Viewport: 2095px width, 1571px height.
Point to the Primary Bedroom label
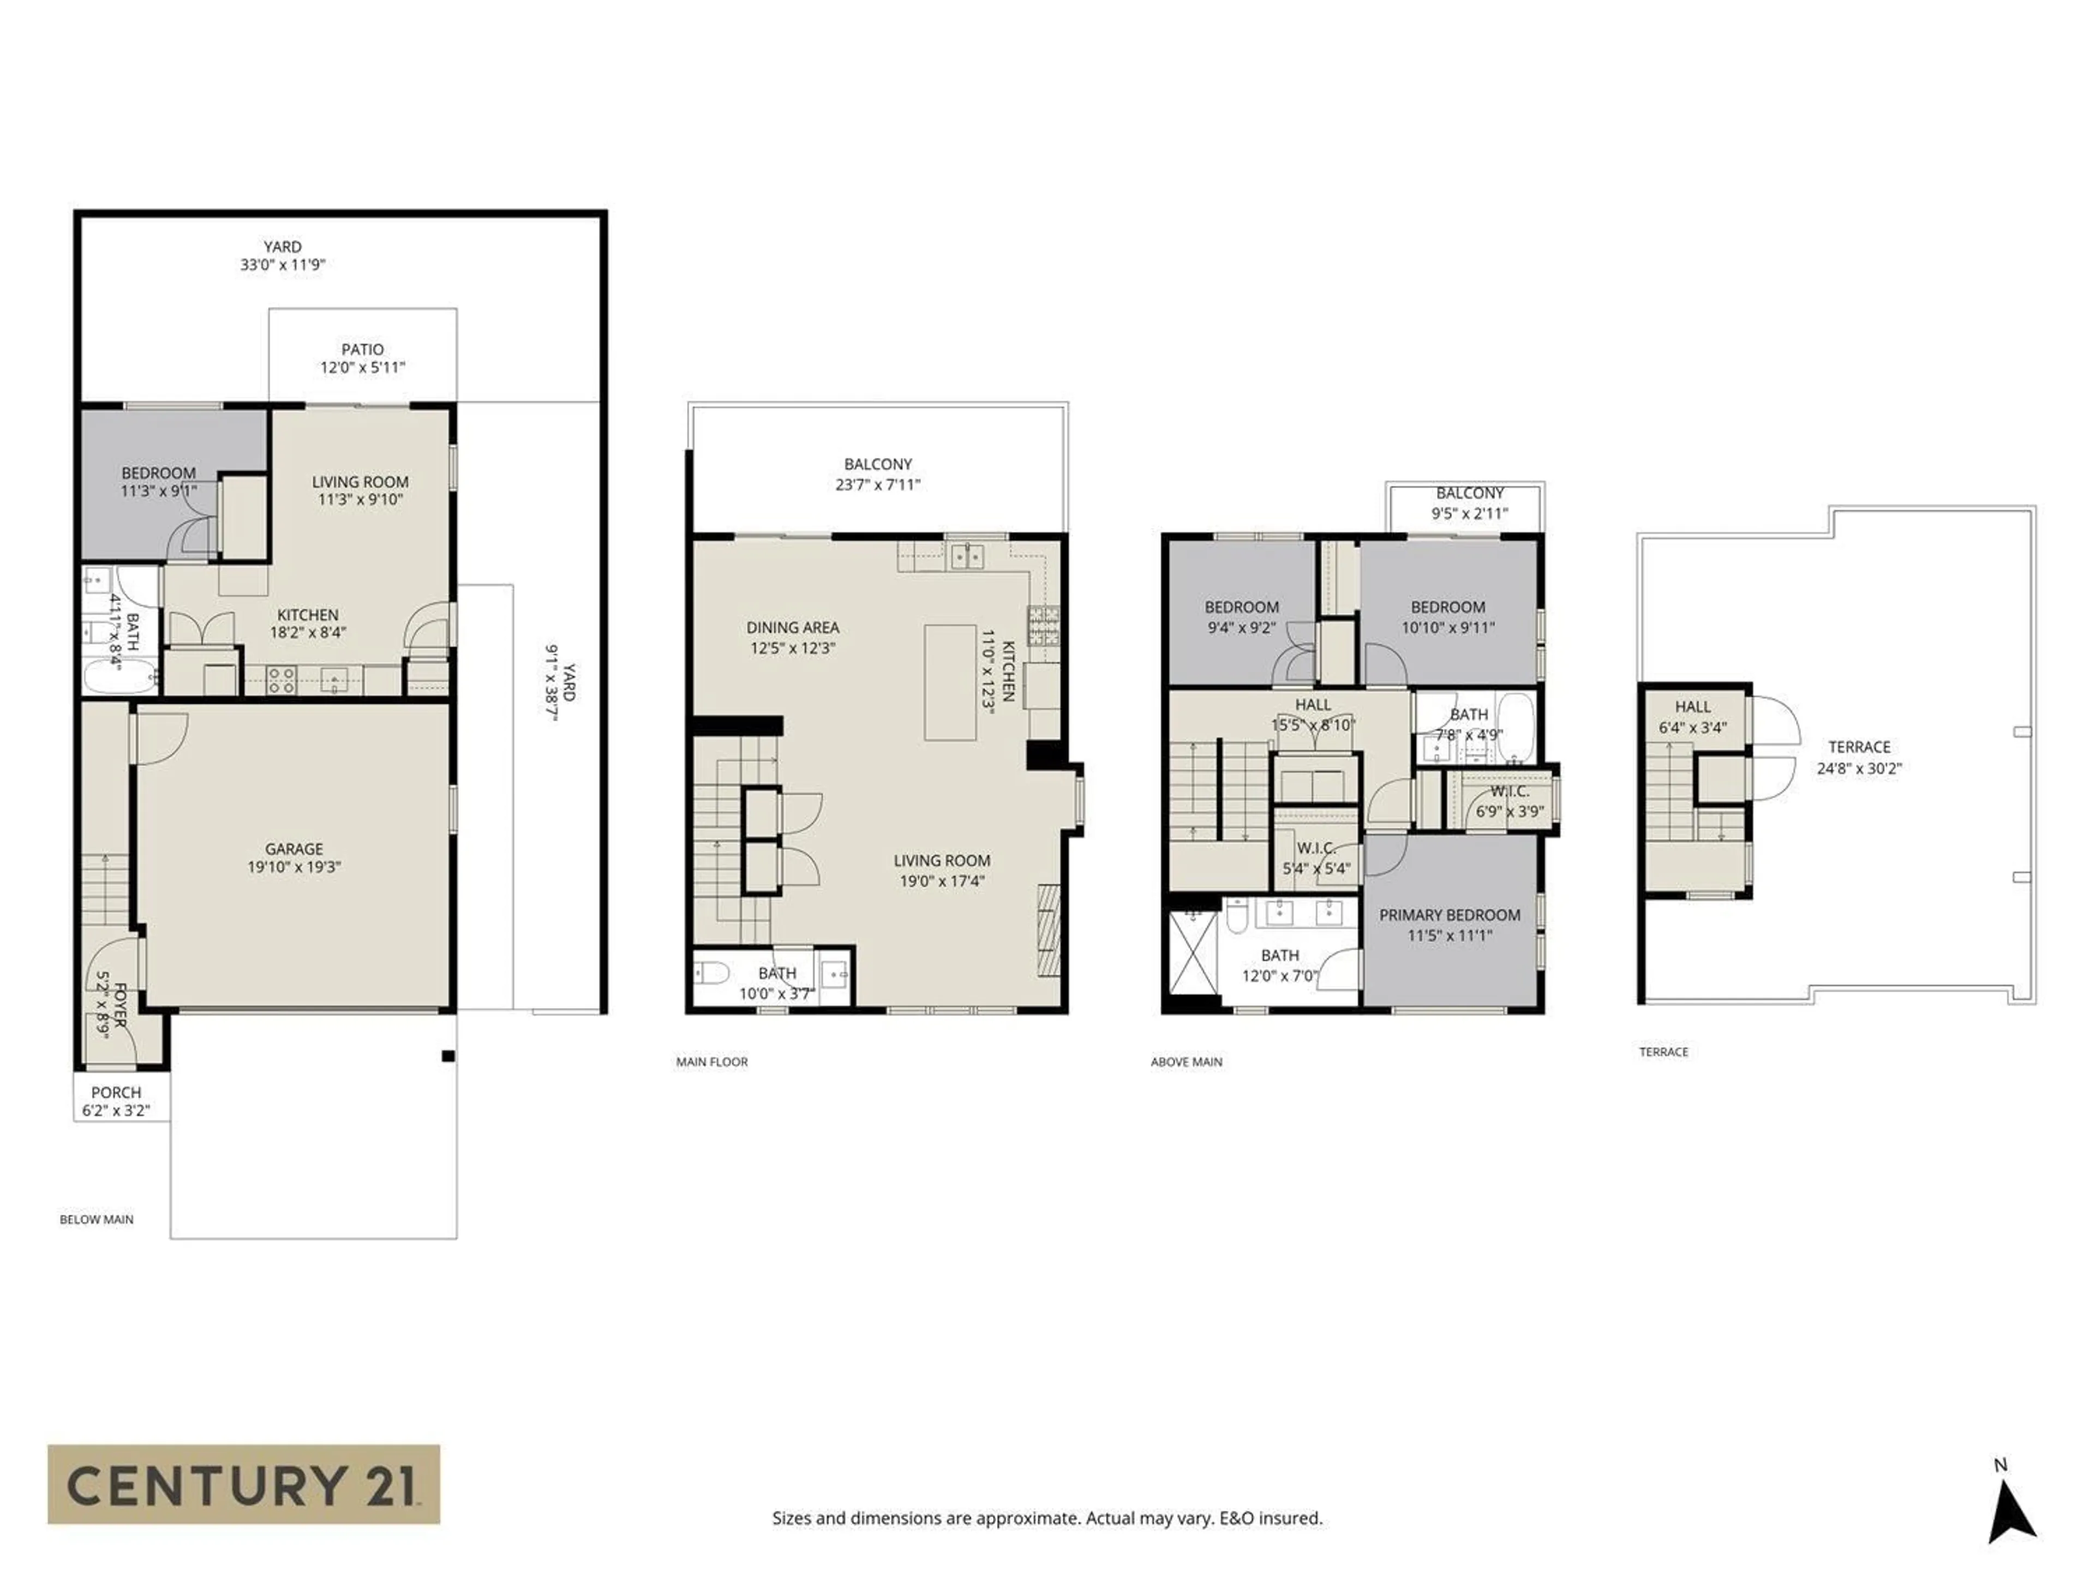(1449, 915)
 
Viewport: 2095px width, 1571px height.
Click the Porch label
(116, 1092)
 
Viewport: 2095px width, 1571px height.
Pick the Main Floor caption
(711, 1062)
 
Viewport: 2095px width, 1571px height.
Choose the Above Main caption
(1186, 1062)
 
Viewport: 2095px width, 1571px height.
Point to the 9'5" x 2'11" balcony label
(1469, 513)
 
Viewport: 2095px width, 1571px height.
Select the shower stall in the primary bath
(1193, 952)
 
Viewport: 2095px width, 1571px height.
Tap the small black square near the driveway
(448, 1056)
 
